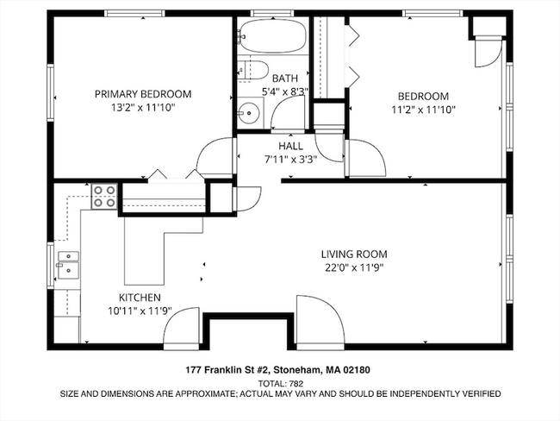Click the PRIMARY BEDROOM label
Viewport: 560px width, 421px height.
tap(143, 94)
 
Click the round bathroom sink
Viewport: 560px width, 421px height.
tap(251, 110)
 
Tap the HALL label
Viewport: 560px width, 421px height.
tap(289, 146)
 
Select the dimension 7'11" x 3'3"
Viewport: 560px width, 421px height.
tap(290, 159)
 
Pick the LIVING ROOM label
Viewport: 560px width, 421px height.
tap(353, 254)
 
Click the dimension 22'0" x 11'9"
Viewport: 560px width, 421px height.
tap(353, 267)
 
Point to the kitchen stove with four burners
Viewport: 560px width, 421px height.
tap(105, 198)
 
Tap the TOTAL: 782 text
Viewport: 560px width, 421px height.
tap(280, 382)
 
